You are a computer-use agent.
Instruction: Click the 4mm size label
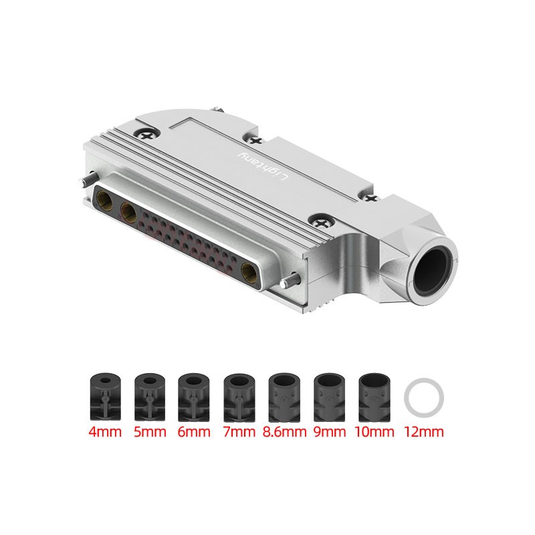pos(105,431)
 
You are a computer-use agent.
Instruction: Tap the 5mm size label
pos(150,431)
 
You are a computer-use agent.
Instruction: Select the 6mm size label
pos(195,431)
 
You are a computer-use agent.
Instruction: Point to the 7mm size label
pos(239,431)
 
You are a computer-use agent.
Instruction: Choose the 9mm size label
pos(329,431)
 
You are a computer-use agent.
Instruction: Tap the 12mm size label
pos(424,431)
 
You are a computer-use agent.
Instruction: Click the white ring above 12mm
pos(424,397)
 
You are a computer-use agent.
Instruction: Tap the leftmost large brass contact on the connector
pos(106,199)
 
